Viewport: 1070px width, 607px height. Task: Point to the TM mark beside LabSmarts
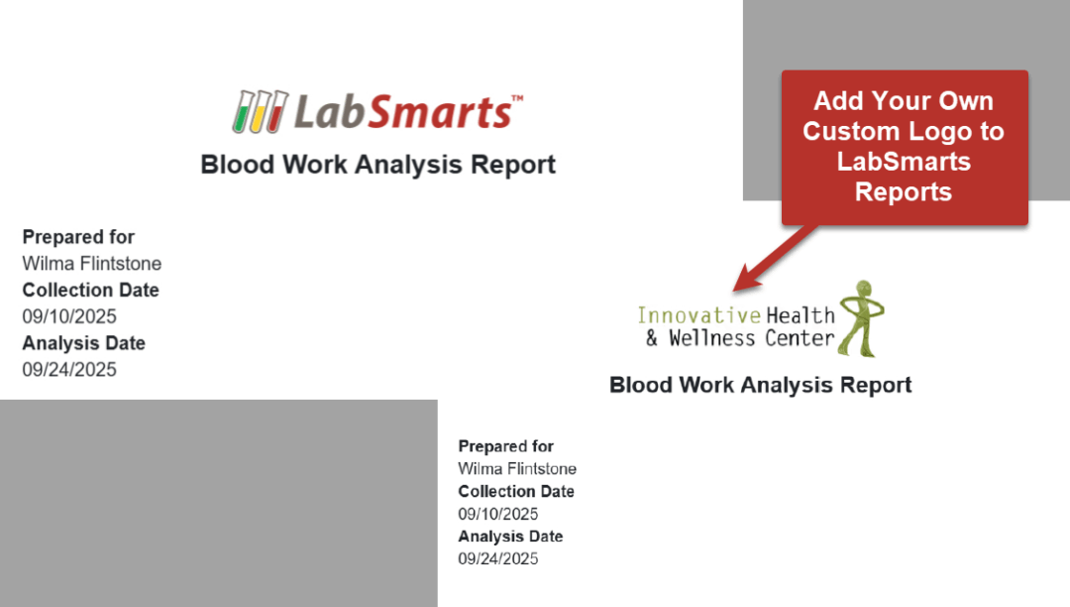point(516,98)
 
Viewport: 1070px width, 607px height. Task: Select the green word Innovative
point(698,315)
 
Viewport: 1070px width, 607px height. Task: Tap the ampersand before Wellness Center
point(651,338)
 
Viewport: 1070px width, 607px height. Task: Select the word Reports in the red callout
point(904,191)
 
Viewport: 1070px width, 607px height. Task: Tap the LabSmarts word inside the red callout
point(904,161)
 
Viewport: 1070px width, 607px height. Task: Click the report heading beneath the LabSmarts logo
point(377,164)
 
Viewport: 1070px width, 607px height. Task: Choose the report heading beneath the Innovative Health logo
point(760,385)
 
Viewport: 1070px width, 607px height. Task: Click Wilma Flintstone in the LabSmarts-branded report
point(91,264)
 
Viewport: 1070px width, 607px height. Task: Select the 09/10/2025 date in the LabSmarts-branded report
point(69,316)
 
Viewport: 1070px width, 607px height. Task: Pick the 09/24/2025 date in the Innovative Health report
point(497,558)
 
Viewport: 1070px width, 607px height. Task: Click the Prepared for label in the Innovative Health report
point(505,446)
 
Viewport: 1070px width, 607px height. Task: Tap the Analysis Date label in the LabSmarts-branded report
point(83,343)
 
